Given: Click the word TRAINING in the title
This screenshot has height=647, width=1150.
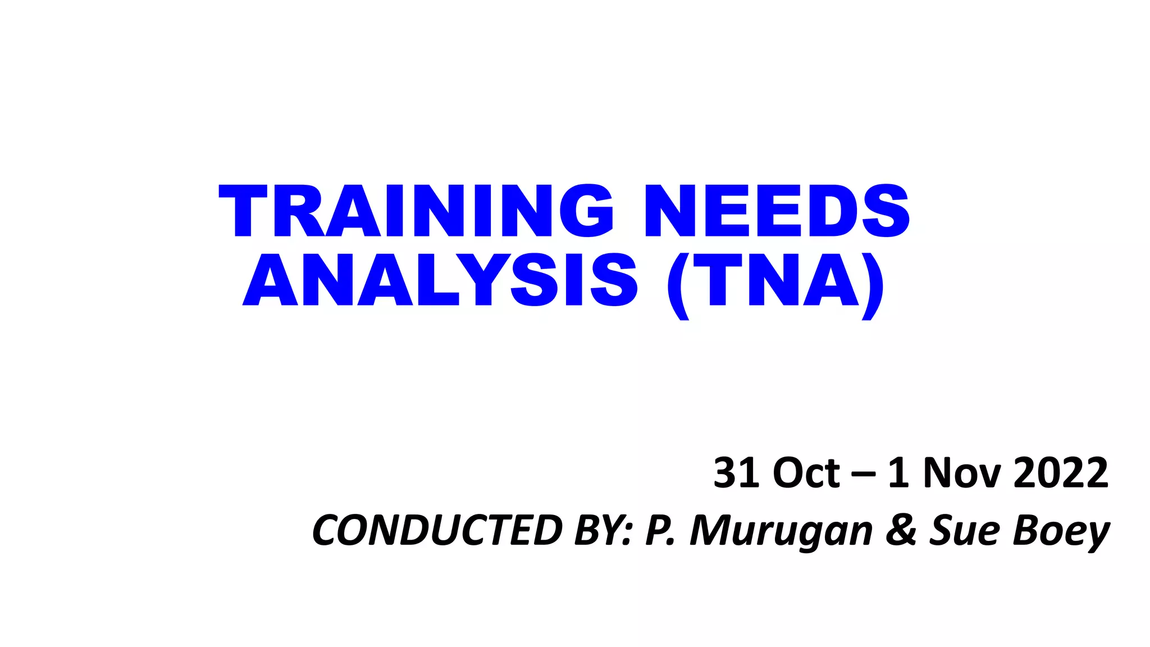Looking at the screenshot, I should click(x=416, y=211).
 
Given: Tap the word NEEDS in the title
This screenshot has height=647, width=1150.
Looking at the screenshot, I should click(x=777, y=211).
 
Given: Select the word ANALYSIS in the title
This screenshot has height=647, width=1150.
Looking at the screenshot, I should click(x=440, y=280).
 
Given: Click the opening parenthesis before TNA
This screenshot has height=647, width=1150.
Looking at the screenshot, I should click(x=678, y=285).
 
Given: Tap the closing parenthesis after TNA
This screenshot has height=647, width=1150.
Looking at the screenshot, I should click(x=873, y=285).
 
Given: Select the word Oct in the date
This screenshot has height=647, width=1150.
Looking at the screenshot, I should click(x=806, y=473).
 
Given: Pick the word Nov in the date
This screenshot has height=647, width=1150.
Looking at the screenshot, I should click(x=962, y=473).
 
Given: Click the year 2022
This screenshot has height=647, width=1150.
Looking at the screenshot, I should click(x=1061, y=473).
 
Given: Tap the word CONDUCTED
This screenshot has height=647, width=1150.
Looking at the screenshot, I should click(x=437, y=530).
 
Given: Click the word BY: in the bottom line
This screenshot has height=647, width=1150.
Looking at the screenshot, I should click(x=604, y=530).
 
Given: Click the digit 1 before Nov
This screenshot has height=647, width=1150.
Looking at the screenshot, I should click(x=898, y=473).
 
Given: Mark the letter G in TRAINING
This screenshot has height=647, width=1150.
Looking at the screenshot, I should click(x=586, y=211).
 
